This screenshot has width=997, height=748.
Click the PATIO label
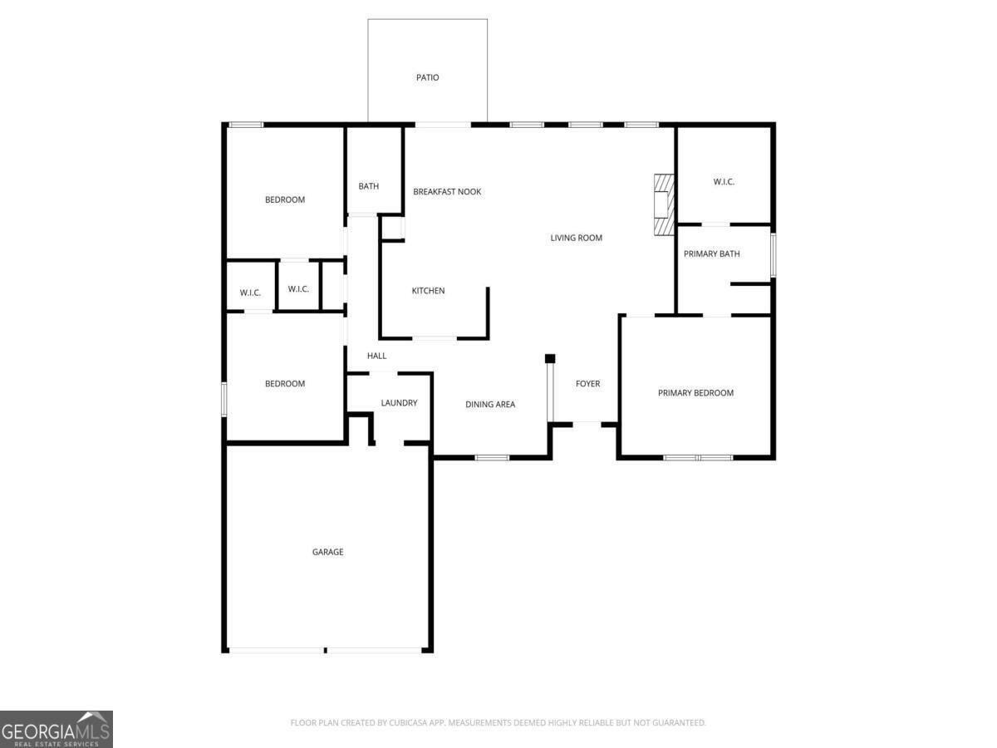427,77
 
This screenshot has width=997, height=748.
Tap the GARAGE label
327,552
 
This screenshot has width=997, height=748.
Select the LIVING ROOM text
576,238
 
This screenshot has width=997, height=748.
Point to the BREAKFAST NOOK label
447,192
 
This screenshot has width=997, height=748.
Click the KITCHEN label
428,291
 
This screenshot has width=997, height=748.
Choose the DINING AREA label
489,405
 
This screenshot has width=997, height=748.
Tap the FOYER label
587,384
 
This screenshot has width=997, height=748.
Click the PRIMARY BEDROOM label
695,393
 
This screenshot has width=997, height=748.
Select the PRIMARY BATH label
711,254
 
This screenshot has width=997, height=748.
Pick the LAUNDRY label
399,403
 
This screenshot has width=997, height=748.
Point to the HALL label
376,356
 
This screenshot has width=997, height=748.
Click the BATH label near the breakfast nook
368,186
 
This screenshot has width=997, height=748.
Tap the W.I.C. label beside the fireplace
724,182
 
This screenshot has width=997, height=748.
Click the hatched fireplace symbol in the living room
663,204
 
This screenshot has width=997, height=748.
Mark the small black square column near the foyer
549,358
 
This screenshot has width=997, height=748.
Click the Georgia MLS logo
56,729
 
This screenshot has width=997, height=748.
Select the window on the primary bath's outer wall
773,255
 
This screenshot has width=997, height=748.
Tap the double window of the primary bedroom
698,457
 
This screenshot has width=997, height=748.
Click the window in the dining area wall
492,457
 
